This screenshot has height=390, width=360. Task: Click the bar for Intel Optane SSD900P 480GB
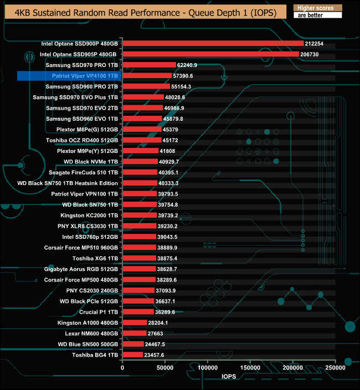click(213, 43)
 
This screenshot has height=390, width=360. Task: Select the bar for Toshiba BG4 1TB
click(132, 355)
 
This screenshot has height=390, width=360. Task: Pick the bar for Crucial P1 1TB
click(138, 312)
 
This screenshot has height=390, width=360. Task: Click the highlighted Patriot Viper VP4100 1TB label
click(85, 75)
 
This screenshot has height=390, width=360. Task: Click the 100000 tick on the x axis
click(208, 367)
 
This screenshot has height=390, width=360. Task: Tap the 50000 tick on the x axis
click(165, 367)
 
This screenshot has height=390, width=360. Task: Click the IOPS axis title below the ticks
click(229, 377)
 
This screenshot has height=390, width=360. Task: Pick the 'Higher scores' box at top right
click(317, 7)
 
